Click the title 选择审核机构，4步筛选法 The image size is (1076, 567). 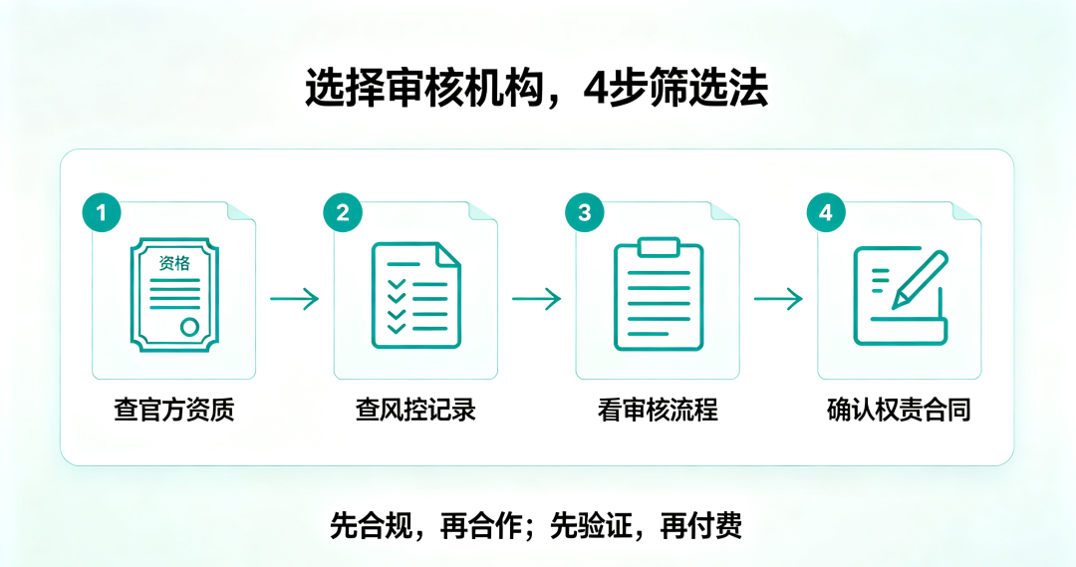click(x=536, y=87)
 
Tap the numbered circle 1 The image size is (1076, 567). click(x=102, y=212)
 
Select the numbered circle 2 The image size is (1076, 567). click(x=343, y=212)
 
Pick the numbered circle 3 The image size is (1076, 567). click(x=585, y=212)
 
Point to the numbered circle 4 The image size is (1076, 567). click(x=826, y=212)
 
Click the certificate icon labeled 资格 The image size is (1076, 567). click(x=174, y=295)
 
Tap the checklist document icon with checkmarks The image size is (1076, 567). click(x=415, y=295)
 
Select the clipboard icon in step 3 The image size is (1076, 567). click(x=659, y=294)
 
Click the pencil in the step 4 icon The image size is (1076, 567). click(x=920, y=280)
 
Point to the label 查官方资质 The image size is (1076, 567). click(x=174, y=410)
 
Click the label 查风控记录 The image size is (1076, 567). click(x=415, y=410)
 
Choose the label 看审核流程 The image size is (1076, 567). click(x=659, y=410)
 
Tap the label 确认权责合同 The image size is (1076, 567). click(x=899, y=410)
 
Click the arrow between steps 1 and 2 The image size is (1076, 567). click(x=294, y=299)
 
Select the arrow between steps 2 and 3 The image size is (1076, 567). click(x=537, y=299)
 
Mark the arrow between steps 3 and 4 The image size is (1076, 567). click(x=778, y=299)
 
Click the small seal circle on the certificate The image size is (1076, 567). click(x=190, y=327)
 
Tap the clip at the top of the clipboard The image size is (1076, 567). click(x=659, y=247)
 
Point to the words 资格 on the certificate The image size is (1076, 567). click(x=174, y=263)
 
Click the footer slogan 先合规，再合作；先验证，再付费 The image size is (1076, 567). click(x=536, y=526)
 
